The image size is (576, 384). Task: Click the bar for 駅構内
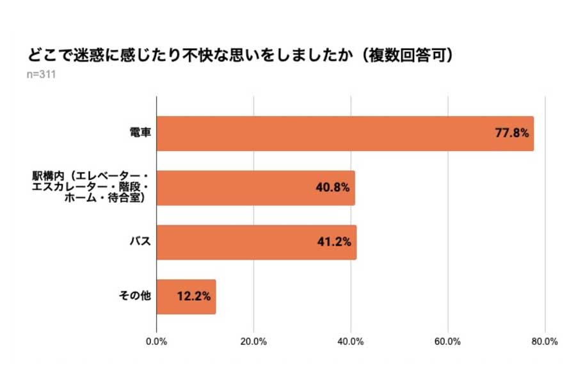click(x=255, y=188)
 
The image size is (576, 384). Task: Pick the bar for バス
click(x=256, y=243)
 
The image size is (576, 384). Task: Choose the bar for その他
click(x=186, y=297)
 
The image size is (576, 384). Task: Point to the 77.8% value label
click(x=511, y=134)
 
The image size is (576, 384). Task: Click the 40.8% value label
click(x=333, y=188)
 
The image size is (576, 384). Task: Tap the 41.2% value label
click(x=334, y=243)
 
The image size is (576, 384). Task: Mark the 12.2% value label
click(x=194, y=297)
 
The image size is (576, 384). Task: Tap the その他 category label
click(x=134, y=297)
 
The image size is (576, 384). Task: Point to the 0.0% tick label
click(x=157, y=342)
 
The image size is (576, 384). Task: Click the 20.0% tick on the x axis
click(x=253, y=342)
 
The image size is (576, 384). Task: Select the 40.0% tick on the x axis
click(x=351, y=342)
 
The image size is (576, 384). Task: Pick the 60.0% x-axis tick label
click(x=447, y=342)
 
